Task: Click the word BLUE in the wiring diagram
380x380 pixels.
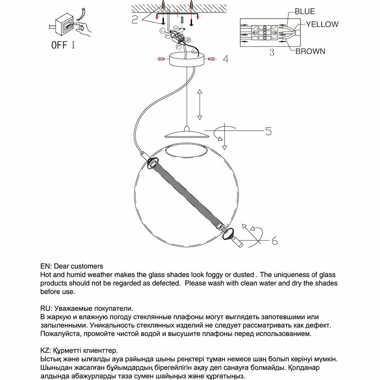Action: click(305, 11)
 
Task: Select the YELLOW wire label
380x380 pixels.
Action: click(322, 24)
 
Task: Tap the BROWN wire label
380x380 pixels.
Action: click(310, 51)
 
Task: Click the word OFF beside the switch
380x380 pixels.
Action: click(59, 45)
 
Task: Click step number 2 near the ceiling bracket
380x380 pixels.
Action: click(135, 19)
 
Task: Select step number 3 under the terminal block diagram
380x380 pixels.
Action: click(272, 53)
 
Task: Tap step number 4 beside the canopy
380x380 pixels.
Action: click(225, 59)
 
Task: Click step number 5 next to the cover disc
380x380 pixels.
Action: click(268, 131)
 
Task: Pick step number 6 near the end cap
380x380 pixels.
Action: click(275, 241)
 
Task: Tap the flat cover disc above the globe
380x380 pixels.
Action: click(186, 134)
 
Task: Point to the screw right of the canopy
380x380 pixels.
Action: click(212, 59)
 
